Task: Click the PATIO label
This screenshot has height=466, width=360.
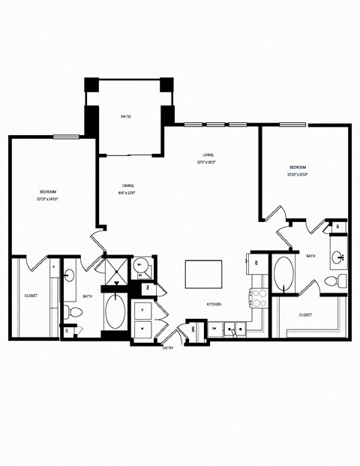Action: point(127,116)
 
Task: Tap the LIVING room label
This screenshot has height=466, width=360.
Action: point(208,155)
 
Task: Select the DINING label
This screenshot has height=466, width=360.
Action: point(128,185)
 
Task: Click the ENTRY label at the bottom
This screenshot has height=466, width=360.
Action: point(169,347)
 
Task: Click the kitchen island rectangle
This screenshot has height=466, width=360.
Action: point(203,274)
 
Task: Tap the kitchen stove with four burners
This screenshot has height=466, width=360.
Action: point(259,298)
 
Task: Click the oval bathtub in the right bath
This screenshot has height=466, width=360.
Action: point(284,275)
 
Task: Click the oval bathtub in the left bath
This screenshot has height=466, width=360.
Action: point(115,312)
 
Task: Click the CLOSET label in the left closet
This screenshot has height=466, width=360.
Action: point(31,296)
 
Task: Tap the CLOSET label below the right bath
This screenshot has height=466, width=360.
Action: point(306,314)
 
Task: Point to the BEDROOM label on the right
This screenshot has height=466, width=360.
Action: point(298,167)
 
